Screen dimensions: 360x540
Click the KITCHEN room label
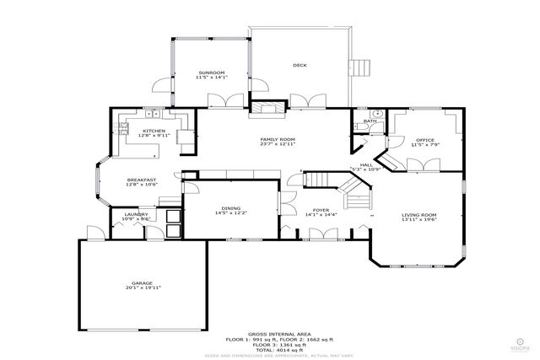click(154, 131)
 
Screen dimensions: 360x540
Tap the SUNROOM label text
click(211, 73)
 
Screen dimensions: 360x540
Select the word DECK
click(299, 65)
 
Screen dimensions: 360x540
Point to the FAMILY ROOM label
click(278, 138)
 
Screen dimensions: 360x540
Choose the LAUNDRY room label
click(136, 214)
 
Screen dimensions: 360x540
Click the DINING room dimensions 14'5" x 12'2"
click(230, 213)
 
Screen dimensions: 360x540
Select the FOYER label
click(321, 209)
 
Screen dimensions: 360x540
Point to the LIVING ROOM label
click(418, 215)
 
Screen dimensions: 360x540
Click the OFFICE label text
click(424, 139)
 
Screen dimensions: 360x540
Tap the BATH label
click(370, 121)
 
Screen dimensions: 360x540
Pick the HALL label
click(366, 164)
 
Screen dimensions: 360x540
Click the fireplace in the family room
click(269, 107)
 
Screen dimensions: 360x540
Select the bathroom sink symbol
click(378, 112)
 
